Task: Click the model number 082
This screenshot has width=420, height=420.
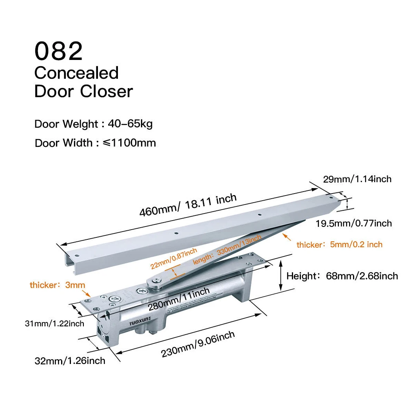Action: pos(59,51)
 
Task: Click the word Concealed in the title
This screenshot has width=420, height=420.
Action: pos(76,73)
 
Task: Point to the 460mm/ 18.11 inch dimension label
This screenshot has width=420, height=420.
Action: pos(188,205)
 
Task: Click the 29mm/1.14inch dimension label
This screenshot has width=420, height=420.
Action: pos(357,179)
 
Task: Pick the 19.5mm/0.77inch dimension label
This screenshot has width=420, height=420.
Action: pos(354,223)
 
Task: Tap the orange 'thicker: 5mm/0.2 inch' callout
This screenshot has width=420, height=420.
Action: pos(339,244)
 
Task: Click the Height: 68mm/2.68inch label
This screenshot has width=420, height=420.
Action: pos(342,276)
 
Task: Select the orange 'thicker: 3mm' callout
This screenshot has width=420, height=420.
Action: pos(57,285)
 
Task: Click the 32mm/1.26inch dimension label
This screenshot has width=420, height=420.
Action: pos(70,360)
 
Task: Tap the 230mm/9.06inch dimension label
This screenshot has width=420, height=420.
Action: pos(198,344)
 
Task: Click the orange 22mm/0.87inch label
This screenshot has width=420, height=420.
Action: pos(174,258)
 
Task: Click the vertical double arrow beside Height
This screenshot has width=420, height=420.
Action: pos(281,276)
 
